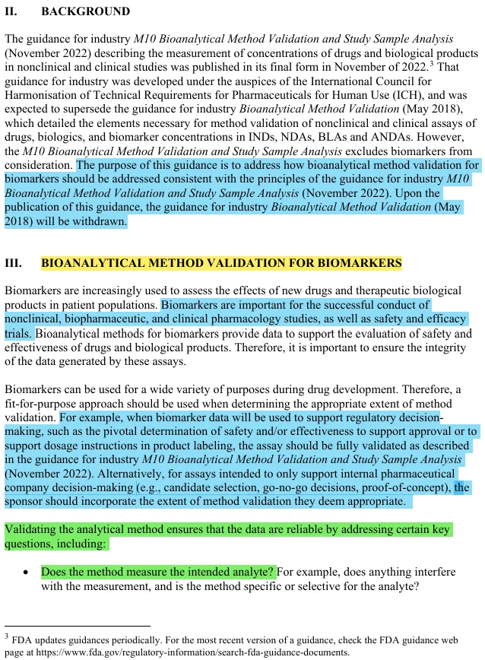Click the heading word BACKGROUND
tap(85, 11)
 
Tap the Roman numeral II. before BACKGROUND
tap(12, 11)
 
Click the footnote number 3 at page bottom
tap(7, 635)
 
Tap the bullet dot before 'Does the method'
tap(26, 572)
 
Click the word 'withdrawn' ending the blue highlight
tap(100, 221)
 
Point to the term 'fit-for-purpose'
tap(42, 403)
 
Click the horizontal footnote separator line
tap(77, 625)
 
